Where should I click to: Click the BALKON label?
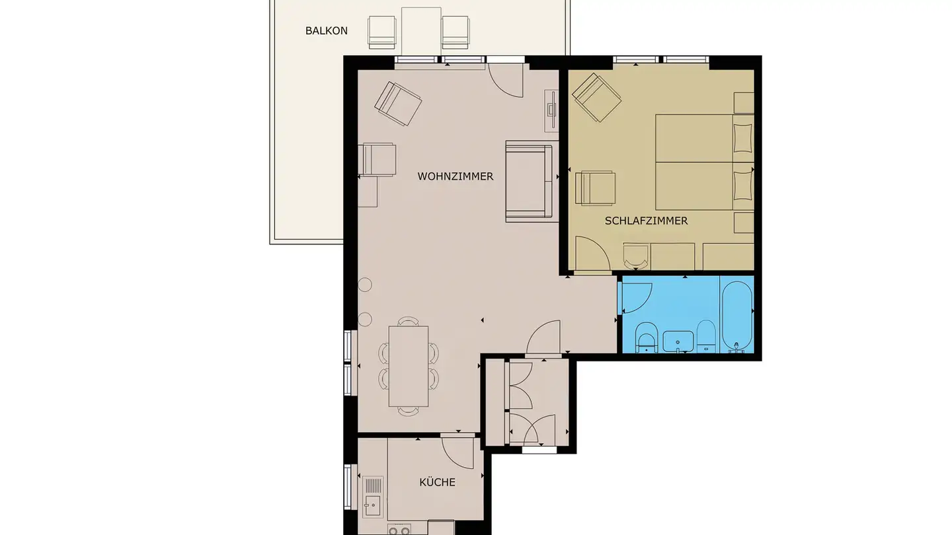tap(326, 30)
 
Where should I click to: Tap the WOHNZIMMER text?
tap(455, 176)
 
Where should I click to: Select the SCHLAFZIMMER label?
tap(646, 221)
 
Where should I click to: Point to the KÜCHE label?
tap(437, 482)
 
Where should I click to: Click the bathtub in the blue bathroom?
tap(736, 316)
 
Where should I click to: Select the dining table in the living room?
tap(408, 366)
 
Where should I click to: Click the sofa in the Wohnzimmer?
tap(528, 181)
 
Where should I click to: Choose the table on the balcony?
tap(421, 30)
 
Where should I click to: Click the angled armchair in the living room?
tap(398, 103)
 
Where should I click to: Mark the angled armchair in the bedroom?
tap(596, 98)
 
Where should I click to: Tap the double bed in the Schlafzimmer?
tap(703, 162)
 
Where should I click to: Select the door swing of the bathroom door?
tap(636, 295)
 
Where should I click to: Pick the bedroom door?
tap(592, 255)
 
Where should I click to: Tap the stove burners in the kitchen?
tap(399, 530)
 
